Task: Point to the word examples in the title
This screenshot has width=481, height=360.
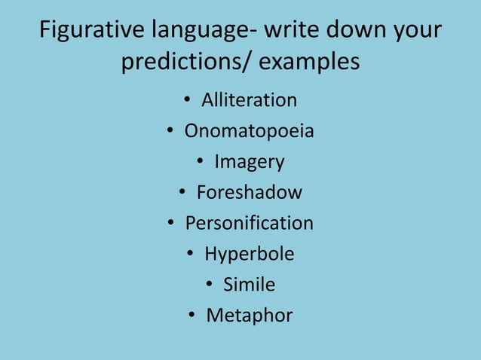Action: coord(309,62)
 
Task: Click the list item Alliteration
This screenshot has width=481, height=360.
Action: coord(249,100)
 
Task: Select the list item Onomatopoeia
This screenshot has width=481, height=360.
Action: coord(250,131)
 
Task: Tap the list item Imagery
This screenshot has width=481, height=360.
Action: coord(250,162)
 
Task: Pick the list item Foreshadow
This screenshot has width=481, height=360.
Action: coord(250,193)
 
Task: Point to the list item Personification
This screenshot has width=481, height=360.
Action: coord(250,224)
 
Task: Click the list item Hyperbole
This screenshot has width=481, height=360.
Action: coord(250,255)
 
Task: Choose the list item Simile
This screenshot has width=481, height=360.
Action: coord(250,285)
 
